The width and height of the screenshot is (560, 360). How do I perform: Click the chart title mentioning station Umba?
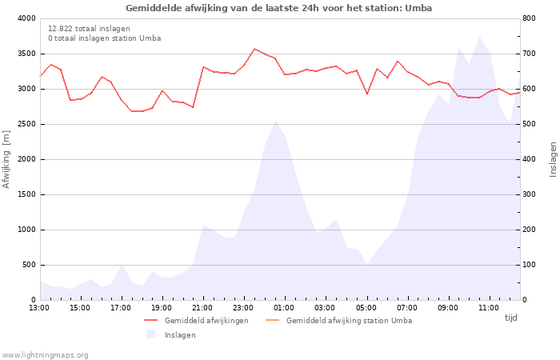[279, 8]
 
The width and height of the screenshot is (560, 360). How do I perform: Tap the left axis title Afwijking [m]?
[6, 158]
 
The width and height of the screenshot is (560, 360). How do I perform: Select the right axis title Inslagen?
[553, 158]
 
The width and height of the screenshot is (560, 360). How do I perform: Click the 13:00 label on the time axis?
[39, 307]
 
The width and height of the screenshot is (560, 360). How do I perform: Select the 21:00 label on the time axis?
[202, 307]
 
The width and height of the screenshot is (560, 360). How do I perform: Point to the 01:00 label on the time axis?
[284, 307]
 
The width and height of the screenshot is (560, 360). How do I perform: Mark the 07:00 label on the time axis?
[406, 307]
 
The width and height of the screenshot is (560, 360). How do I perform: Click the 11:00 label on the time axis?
[488, 307]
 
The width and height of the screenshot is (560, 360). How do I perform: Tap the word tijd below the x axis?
[510, 318]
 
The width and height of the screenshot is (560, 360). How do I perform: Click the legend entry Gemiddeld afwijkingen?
[206, 321]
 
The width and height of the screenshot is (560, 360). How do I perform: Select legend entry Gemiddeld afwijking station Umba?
[349, 321]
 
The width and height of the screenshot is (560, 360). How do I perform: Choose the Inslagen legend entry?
[180, 335]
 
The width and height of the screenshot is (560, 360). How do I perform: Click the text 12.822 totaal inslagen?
[89, 28]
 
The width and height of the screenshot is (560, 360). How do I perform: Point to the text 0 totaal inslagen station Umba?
[104, 38]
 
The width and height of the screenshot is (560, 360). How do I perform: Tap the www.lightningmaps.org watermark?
[46, 355]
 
